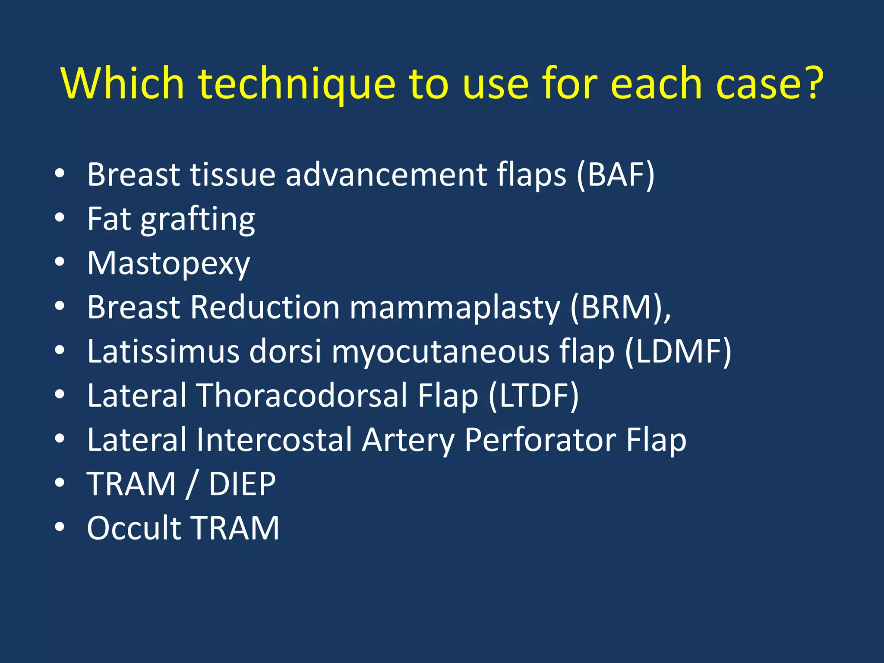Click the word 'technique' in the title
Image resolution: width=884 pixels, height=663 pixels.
[297, 84]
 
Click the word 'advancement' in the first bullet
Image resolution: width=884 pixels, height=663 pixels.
[385, 175]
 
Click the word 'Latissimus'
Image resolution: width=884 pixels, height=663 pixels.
[163, 352]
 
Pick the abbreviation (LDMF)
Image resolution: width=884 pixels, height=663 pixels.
[678, 352]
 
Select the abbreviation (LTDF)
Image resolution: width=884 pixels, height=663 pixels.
[534, 396]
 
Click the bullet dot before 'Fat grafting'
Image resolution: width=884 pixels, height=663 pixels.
[60, 218]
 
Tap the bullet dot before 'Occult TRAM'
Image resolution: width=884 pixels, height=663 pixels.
[60, 527]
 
